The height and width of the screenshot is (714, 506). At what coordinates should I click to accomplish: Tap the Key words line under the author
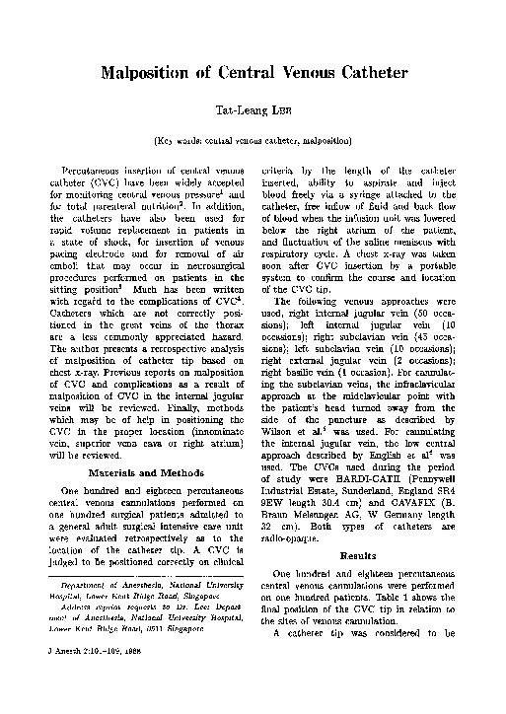click(x=253, y=142)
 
